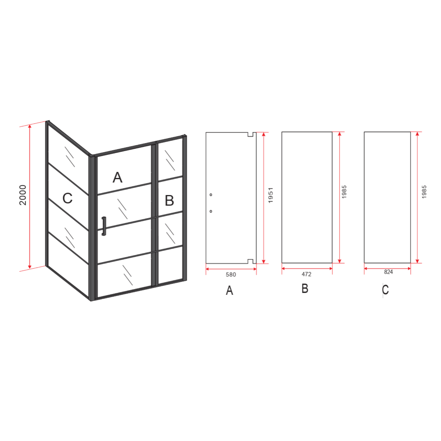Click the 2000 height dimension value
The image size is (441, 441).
point(23,195)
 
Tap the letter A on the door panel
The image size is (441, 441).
point(118,177)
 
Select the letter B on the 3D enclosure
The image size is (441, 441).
point(169,201)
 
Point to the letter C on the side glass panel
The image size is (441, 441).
point(67,198)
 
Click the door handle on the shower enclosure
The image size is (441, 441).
point(104,226)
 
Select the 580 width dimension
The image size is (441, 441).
point(231,275)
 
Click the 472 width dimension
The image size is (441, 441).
point(307,274)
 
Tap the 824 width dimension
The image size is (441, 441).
point(388,272)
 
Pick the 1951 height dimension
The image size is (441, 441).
point(271,195)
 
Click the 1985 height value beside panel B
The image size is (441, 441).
point(344,192)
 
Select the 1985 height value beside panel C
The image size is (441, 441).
point(424,192)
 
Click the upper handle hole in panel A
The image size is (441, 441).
point(211,195)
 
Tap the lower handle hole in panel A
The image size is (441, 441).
point(211,211)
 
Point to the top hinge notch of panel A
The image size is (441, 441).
point(251,134)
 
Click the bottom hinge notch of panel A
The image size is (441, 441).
point(251,261)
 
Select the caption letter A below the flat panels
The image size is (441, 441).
point(229,290)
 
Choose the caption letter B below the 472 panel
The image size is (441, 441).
point(305,289)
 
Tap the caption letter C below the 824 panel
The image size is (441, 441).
point(385,290)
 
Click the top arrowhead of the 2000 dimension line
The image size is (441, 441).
point(30,127)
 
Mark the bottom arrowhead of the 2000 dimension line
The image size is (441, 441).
point(30,266)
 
